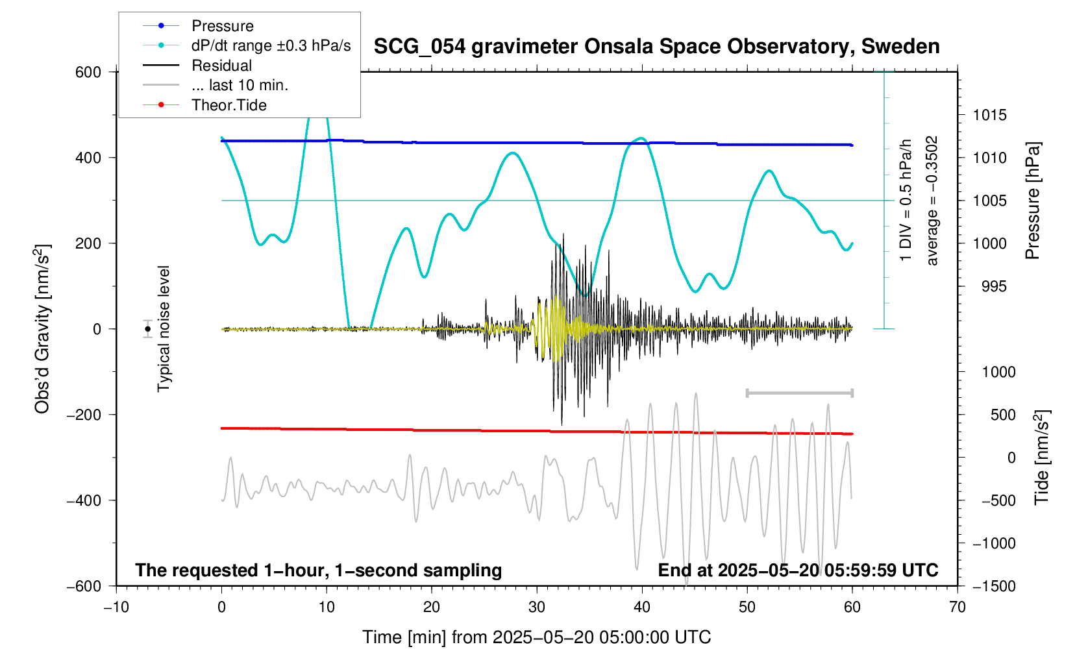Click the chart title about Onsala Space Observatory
656,47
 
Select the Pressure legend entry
222,26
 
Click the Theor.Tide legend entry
229,105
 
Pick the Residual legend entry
221,66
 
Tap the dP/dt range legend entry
271,45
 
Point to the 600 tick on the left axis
88,72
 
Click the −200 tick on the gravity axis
84,415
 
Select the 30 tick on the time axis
537,607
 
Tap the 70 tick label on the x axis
957,607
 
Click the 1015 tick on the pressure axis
989,116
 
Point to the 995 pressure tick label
989,287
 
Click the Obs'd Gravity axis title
43,329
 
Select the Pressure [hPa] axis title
1033,201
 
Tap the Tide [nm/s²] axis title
1042,458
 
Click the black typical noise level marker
148,329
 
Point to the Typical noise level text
164,329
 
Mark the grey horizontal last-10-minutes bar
799,393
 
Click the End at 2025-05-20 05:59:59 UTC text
798,570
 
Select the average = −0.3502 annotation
932,201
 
